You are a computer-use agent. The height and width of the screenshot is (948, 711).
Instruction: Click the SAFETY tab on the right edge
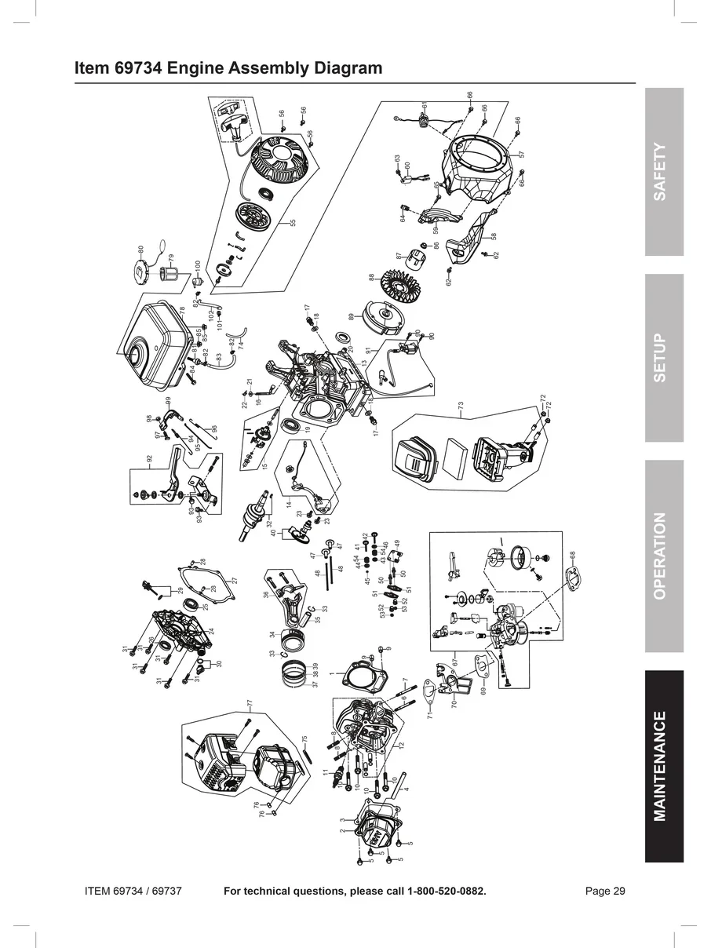point(664,171)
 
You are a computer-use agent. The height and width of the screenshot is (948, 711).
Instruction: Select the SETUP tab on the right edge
point(664,358)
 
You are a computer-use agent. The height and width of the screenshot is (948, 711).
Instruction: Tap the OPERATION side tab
point(664,556)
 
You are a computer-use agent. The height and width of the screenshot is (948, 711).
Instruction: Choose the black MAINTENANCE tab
point(664,766)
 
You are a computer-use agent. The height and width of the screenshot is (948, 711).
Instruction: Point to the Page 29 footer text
point(605,891)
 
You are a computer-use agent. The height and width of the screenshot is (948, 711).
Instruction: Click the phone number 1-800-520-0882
point(446,891)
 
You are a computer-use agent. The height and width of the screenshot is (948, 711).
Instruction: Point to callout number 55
point(292,223)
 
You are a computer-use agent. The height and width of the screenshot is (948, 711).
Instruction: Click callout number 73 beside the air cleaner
point(461,405)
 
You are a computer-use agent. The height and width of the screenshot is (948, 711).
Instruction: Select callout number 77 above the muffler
point(249,702)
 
